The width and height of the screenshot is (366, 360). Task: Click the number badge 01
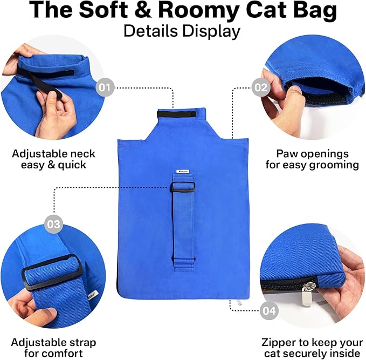click(x=105, y=87)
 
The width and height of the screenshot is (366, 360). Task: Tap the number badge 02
click(x=261, y=87)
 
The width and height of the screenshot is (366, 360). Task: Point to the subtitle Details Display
click(x=182, y=31)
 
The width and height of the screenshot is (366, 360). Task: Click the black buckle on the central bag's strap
click(x=183, y=187)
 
